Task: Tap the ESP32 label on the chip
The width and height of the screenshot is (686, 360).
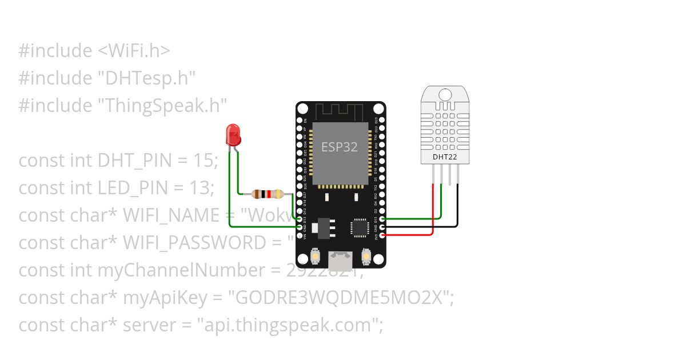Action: click(x=339, y=147)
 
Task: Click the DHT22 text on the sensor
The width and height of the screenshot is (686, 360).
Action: click(x=444, y=156)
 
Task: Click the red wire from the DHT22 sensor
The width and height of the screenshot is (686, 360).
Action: click(x=433, y=211)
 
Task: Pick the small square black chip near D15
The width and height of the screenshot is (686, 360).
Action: click(x=360, y=227)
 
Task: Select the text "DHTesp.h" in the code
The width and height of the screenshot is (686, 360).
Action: click(x=147, y=78)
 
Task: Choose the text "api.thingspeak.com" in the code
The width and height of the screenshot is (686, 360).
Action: click(x=289, y=325)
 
